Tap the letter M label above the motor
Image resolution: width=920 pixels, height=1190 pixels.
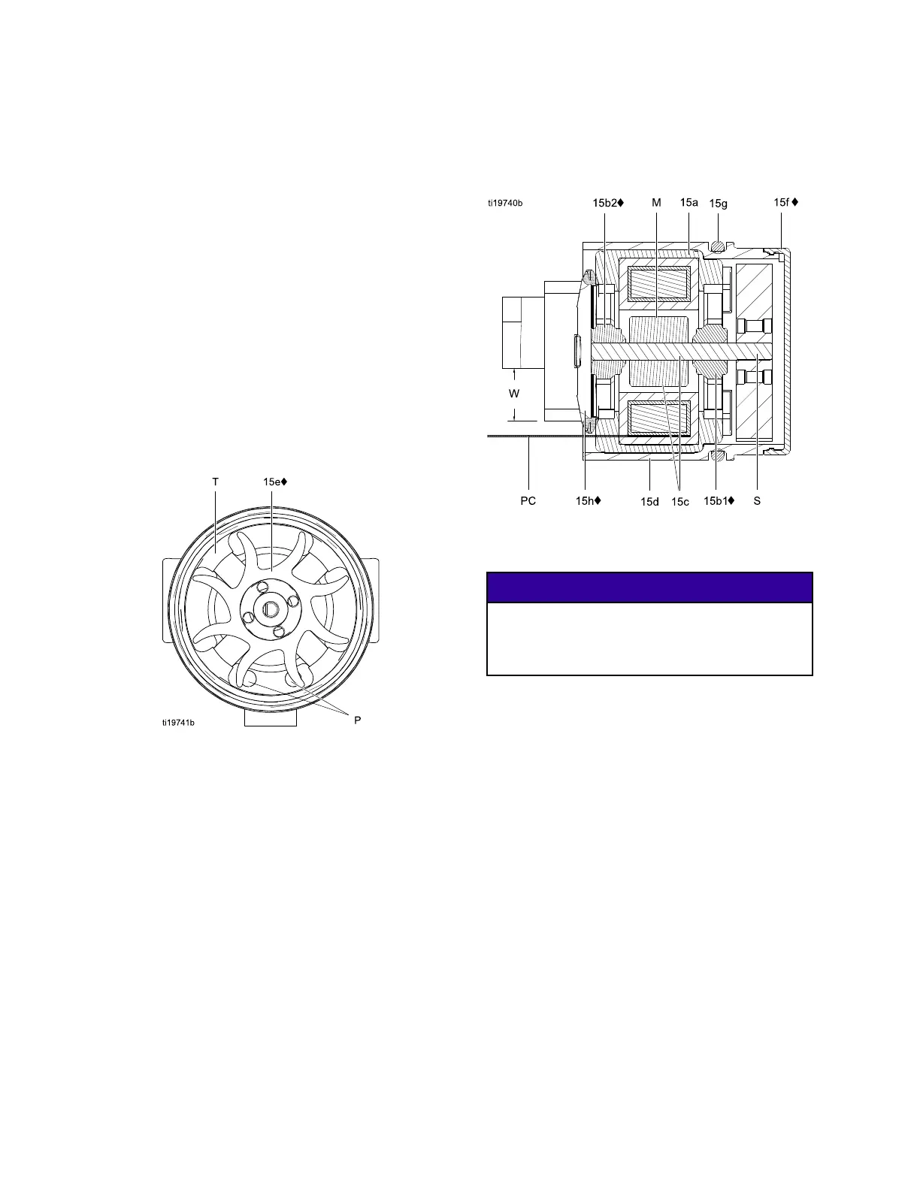coord(656,203)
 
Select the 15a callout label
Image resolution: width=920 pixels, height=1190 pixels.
coord(689,203)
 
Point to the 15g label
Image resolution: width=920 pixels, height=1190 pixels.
coord(719,204)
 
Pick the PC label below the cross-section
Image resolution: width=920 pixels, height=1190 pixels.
coord(528,500)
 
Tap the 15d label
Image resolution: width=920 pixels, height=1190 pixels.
coord(650,502)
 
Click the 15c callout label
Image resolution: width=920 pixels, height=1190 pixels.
coord(680,502)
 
